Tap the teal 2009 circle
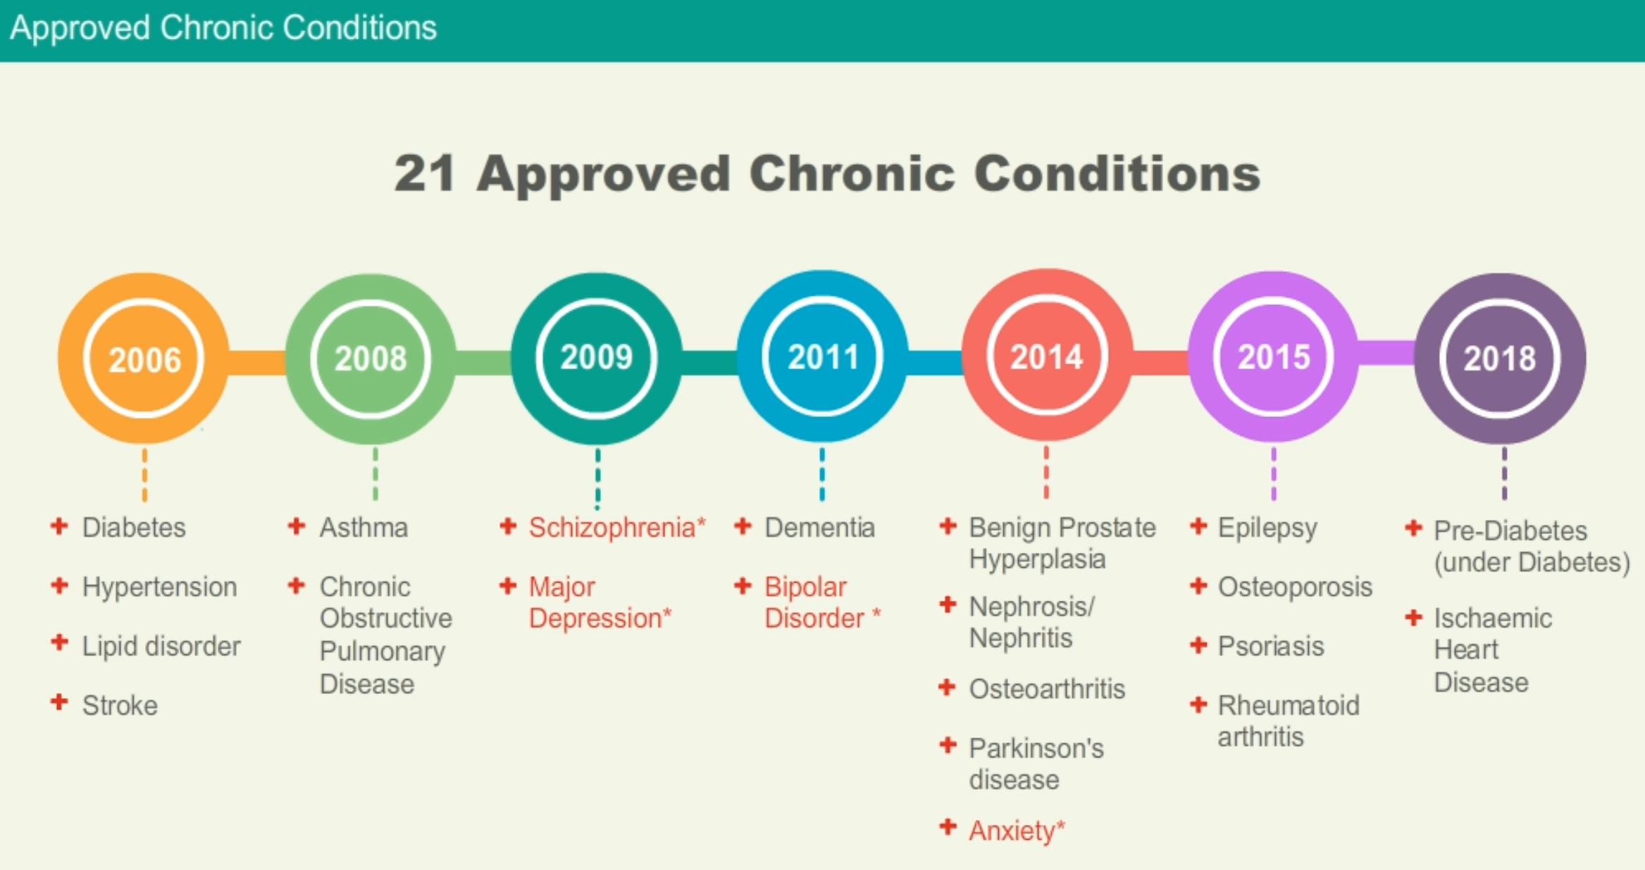point(597,358)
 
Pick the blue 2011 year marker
point(822,356)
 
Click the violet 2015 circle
point(1274,356)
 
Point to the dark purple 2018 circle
point(1500,358)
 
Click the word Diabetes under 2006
point(134,528)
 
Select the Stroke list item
point(120,705)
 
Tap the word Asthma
point(364,528)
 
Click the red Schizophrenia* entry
point(617,528)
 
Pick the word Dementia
point(819,528)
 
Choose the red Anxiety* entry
point(1017,831)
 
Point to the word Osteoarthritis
point(1047,689)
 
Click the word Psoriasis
point(1271,646)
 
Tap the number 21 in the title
point(424,173)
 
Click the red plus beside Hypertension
point(60,585)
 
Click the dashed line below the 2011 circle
point(822,474)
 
